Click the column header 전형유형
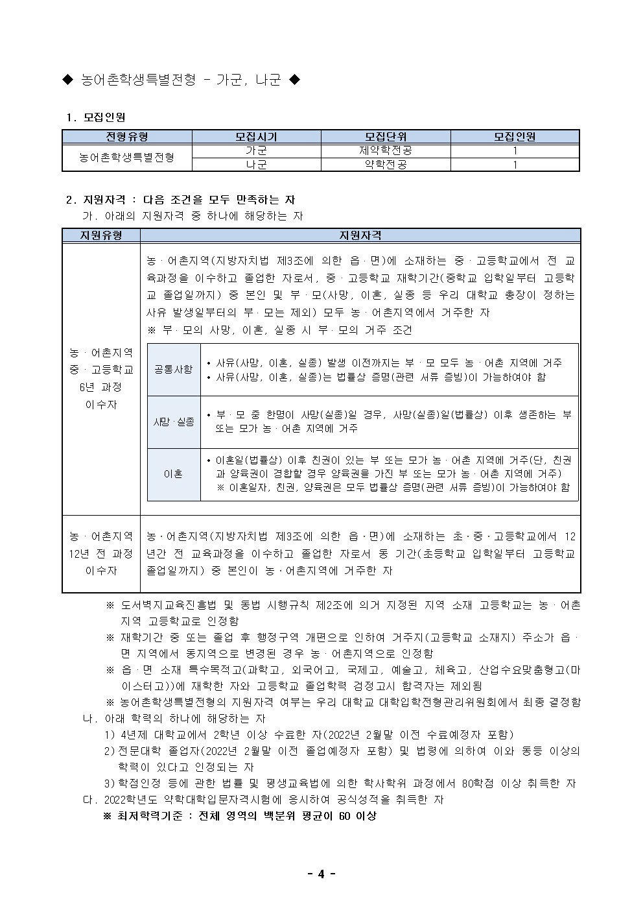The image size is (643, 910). click(x=127, y=137)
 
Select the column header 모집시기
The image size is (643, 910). click(x=256, y=137)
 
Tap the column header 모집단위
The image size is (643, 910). click(x=386, y=137)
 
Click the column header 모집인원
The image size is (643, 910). click(x=515, y=137)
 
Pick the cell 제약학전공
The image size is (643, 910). click(x=386, y=150)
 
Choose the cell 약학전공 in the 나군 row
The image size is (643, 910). click(x=386, y=165)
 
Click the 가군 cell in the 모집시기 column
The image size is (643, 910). click(x=256, y=150)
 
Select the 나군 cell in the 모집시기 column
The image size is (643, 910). click(x=256, y=165)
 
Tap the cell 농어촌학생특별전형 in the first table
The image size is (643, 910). click(x=127, y=158)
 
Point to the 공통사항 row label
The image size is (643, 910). click(x=173, y=370)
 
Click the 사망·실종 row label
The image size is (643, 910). click(x=173, y=422)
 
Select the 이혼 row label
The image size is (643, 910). click(x=173, y=474)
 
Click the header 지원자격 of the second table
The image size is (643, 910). click(x=360, y=235)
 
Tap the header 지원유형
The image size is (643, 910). click(x=101, y=235)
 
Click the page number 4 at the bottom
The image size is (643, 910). click(x=321, y=874)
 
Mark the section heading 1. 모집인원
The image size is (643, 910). click(x=96, y=117)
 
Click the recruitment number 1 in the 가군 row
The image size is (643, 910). click(x=515, y=150)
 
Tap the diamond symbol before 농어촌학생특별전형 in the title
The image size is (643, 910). click(x=67, y=80)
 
